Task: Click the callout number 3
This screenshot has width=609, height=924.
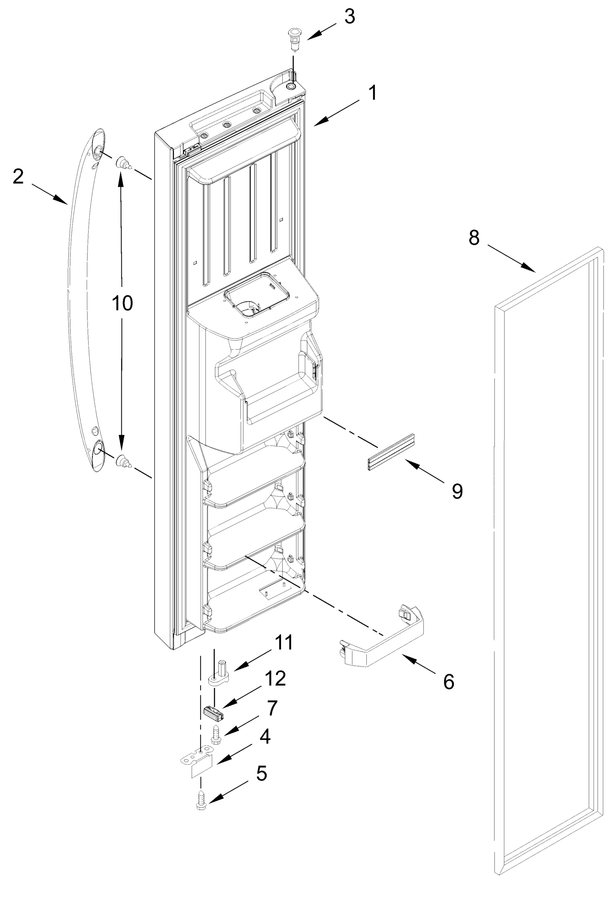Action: click(350, 17)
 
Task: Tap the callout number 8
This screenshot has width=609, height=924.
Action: click(474, 237)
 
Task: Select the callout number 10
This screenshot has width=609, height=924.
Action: click(122, 303)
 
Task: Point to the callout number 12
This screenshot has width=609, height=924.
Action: click(275, 678)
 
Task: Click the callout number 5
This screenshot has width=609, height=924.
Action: click(261, 773)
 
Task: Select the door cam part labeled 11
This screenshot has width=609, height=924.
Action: click(219, 674)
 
